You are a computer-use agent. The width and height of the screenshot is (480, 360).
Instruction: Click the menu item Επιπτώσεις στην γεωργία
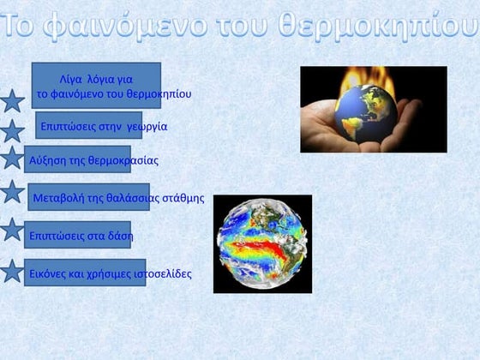[104, 126]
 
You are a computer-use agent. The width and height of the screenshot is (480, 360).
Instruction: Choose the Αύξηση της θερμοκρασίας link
[93, 160]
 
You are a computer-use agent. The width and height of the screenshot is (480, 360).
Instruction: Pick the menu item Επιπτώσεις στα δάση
[81, 235]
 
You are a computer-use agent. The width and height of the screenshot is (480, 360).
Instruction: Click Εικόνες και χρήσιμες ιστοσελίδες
[110, 273]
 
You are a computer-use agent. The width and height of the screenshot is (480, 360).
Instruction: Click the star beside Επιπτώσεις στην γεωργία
[12, 131]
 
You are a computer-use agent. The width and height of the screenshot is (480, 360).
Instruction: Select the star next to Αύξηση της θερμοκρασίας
[12, 159]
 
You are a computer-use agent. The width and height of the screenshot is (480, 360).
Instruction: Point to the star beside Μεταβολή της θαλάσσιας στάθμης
[12, 191]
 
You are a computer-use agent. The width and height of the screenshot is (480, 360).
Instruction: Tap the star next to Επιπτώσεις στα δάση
[12, 230]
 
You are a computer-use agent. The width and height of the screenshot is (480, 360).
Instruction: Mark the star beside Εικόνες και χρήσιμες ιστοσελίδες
[12, 272]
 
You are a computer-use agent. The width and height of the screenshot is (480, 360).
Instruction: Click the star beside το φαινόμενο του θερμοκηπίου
[12, 101]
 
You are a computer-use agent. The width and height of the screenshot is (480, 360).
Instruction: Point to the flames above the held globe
[360, 82]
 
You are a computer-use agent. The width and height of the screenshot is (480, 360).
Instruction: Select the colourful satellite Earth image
[262, 243]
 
